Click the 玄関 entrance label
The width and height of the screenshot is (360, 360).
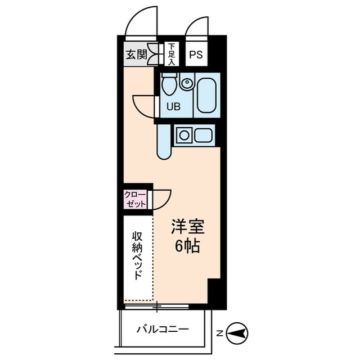[x=136, y=55]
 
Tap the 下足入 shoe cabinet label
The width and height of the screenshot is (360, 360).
[x=171, y=54]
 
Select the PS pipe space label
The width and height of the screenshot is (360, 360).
[x=196, y=55]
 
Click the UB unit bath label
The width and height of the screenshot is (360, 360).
[x=173, y=107]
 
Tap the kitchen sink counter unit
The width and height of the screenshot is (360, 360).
[x=193, y=136]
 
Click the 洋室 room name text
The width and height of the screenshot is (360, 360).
[x=188, y=228]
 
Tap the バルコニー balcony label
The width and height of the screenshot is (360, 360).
[x=162, y=330]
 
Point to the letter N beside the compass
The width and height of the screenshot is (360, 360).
[x=220, y=332]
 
